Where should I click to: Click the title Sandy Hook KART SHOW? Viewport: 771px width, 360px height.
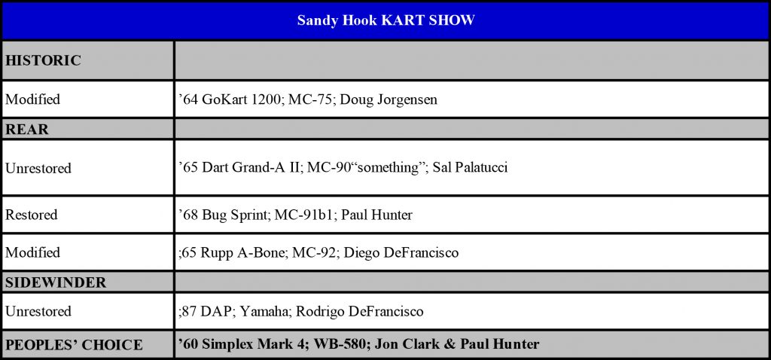click(385, 20)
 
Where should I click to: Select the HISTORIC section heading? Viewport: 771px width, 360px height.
click(43, 61)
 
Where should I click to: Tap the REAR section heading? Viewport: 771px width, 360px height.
click(27, 130)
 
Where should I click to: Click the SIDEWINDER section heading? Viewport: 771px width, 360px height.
click(56, 282)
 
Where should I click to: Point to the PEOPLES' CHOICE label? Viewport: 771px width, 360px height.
click(74, 345)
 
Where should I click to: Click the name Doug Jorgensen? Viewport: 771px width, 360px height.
click(389, 100)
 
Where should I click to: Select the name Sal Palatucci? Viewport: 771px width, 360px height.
click(470, 168)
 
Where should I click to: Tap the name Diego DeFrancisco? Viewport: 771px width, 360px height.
click(401, 253)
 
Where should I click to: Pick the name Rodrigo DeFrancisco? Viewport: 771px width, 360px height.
click(359, 311)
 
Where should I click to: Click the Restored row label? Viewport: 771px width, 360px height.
click(32, 215)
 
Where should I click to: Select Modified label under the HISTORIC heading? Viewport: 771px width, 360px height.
click(32, 99)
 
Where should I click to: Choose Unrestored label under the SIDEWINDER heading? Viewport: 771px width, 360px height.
click(38, 311)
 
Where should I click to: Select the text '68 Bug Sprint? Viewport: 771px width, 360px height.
click(222, 215)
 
